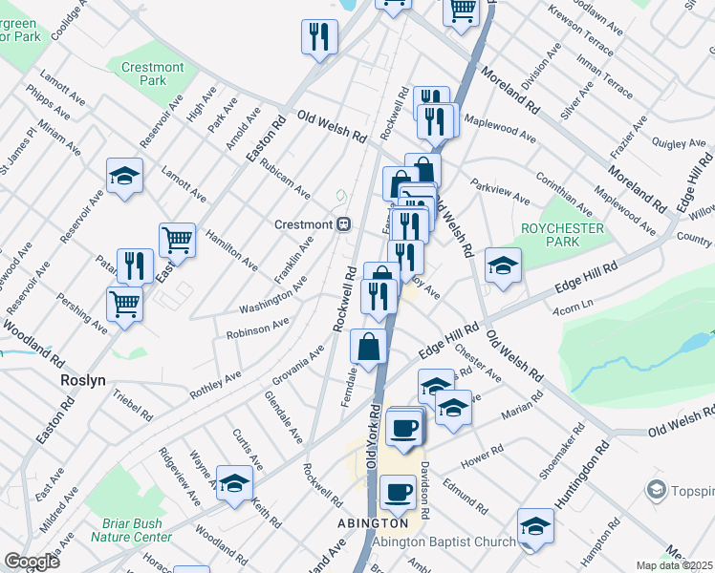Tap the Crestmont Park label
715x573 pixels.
click(152, 74)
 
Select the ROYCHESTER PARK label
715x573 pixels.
click(562, 235)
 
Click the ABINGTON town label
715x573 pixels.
click(373, 523)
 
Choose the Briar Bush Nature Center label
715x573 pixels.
click(131, 530)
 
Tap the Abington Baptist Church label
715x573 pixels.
click(444, 542)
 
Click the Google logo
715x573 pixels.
click(32, 562)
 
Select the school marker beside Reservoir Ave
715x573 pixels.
click(124, 175)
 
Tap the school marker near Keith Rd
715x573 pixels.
click(233, 482)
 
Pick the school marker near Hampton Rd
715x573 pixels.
click(535, 525)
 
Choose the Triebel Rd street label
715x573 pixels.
click(132, 405)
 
